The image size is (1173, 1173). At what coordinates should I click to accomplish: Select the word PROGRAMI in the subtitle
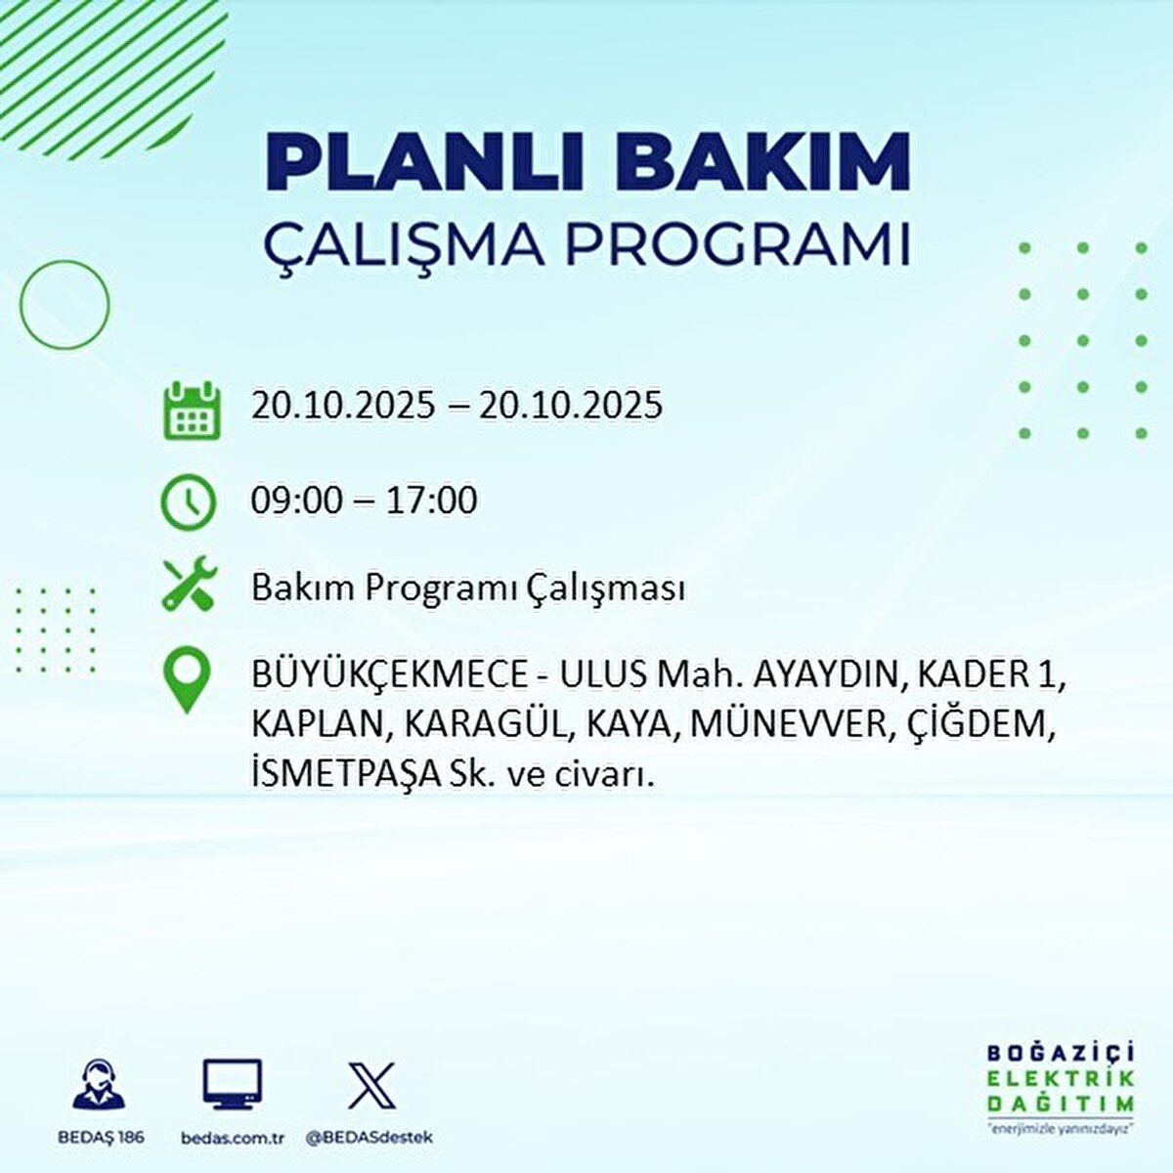coord(738,243)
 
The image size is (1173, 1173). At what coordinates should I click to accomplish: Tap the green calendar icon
coord(192,410)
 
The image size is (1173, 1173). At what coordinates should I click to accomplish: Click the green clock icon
coord(188,502)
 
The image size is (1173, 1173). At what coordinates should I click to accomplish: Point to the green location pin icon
coord(187,679)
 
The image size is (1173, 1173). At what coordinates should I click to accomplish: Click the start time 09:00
coord(296,500)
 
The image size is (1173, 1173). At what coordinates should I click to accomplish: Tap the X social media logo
coord(371,1085)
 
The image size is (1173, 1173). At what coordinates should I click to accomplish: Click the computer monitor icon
coord(232,1084)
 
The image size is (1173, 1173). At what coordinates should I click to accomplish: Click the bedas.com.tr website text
coord(234,1138)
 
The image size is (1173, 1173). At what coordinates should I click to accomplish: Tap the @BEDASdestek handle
coord(369,1138)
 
